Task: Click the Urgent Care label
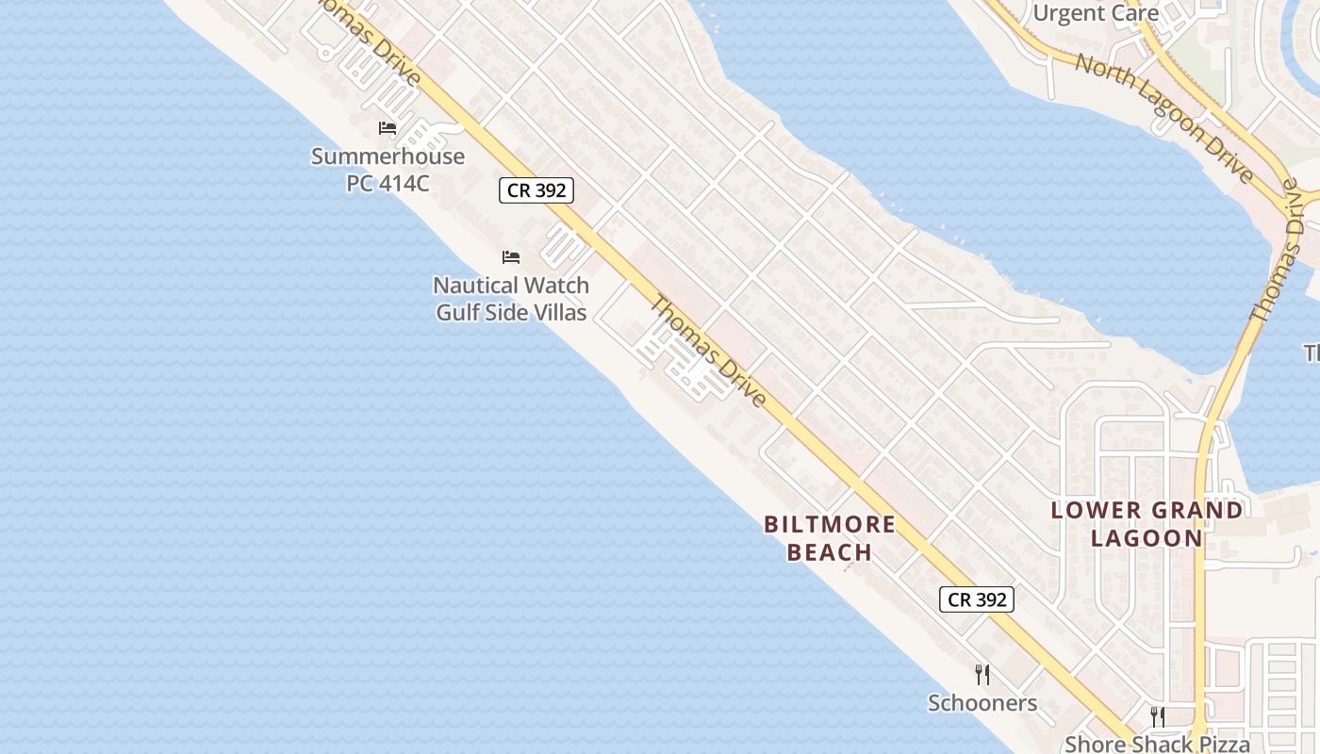[x=1096, y=13]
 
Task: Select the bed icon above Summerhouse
[x=387, y=128]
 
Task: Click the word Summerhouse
[x=388, y=156]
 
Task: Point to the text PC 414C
[x=388, y=183]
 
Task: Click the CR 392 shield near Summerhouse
[x=536, y=190]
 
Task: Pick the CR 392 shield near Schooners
[x=977, y=599]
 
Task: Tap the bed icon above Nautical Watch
[x=511, y=256]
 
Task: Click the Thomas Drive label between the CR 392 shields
[x=707, y=352]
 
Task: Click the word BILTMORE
[x=830, y=524]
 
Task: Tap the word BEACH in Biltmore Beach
[x=830, y=551]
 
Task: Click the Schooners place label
[x=982, y=703]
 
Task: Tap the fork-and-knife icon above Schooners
[x=982, y=674]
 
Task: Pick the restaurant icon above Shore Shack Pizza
[x=1158, y=717]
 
